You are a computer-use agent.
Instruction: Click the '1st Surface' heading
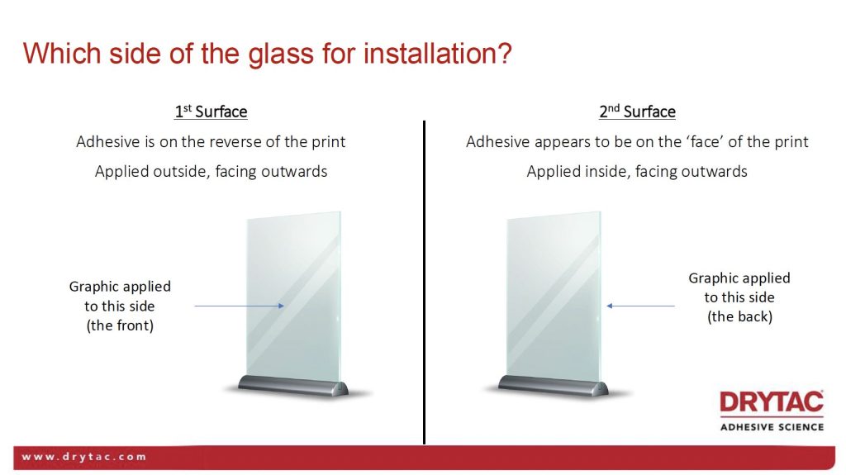[211, 112]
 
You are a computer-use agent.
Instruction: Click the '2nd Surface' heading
[637, 112]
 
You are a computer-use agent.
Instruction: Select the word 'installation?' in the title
[438, 54]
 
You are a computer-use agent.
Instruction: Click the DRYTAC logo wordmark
[772, 402]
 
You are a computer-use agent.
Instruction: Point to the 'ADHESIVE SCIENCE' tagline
[772, 427]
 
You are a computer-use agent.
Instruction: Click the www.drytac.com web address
[83, 457]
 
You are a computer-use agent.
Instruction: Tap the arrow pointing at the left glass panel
[239, 306]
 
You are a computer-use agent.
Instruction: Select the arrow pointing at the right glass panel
[640, 306]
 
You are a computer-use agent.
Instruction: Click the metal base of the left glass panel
[293, 386]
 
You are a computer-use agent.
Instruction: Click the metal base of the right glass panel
[553, 386]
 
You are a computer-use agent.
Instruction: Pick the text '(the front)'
[120, 325]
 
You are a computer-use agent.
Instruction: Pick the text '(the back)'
[739, 316]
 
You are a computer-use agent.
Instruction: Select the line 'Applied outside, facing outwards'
[211, 172]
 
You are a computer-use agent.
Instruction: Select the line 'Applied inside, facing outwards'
[637, 172]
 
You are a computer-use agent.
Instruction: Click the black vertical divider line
[424, 283]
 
